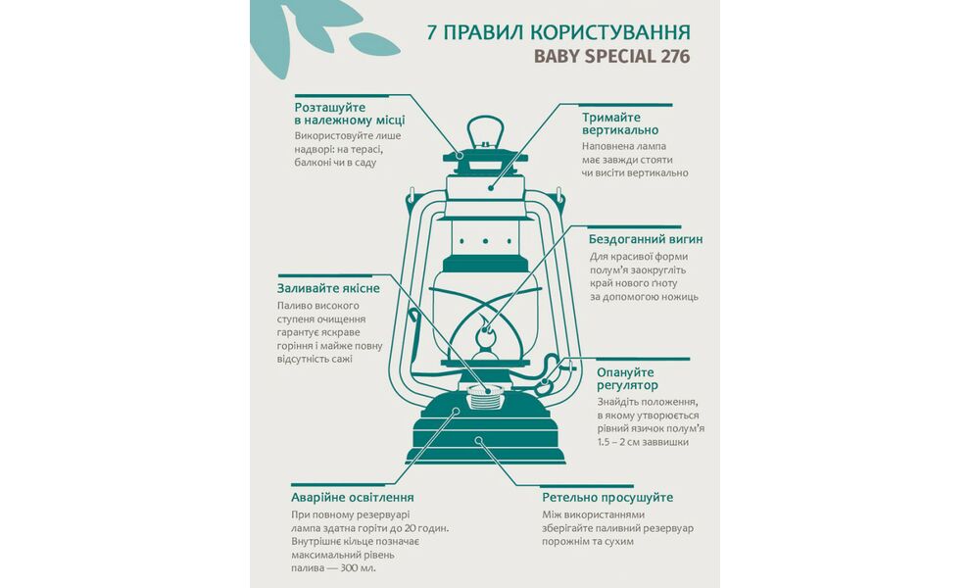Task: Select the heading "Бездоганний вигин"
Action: [x=645, y=239]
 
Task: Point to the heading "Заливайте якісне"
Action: [x=327, y=288]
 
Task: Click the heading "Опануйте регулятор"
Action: [x=640, y=378]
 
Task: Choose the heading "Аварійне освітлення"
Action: [x=352, y=497]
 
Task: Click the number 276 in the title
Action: [x=673, y=56]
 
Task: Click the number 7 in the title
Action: [x=432, y=31]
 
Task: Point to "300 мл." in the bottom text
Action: [x=356, y=567]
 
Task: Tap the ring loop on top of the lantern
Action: [x=484, y=131]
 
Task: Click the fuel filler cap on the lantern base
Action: [x=484, y=397]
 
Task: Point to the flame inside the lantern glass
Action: [x=483, y=334]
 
